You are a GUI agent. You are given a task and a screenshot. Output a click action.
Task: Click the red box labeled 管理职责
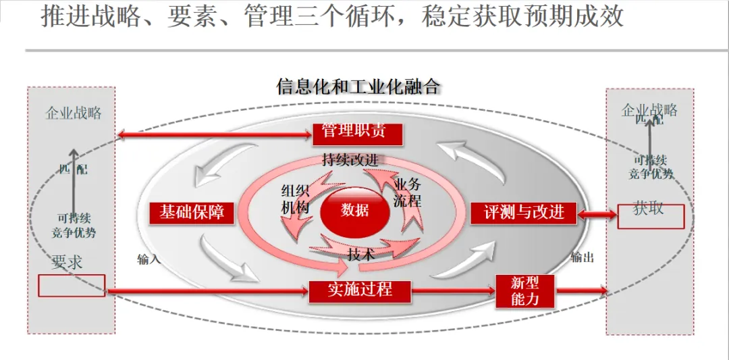pos(357,133)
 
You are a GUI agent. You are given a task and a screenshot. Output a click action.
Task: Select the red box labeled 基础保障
pos(191,213)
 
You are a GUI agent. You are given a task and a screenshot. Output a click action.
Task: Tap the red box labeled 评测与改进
pos(524,213)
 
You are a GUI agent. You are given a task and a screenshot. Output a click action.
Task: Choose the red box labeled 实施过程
pos(360,290)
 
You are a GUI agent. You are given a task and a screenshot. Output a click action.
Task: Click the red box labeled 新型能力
pos(525,291)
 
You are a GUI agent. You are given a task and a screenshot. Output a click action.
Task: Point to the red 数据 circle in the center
pos(355,211)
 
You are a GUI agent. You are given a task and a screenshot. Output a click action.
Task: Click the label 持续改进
pos(350,160)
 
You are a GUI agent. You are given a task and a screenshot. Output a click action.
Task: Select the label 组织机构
pos(295,199)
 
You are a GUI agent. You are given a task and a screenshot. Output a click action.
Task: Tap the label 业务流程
pos(407,192)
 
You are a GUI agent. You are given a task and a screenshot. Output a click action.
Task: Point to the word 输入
pos(148,259)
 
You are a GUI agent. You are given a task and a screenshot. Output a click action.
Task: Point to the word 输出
pos(582,257)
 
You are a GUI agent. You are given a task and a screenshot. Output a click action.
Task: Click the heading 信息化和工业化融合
pos(358,86)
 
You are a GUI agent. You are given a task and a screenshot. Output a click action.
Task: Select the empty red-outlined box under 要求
pos(72,285)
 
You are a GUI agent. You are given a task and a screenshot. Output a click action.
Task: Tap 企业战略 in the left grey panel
pos(74,113)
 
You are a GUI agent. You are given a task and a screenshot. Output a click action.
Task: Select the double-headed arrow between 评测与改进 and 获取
pos(598,214)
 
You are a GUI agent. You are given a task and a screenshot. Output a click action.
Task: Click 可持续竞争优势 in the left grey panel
pos(74,226)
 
